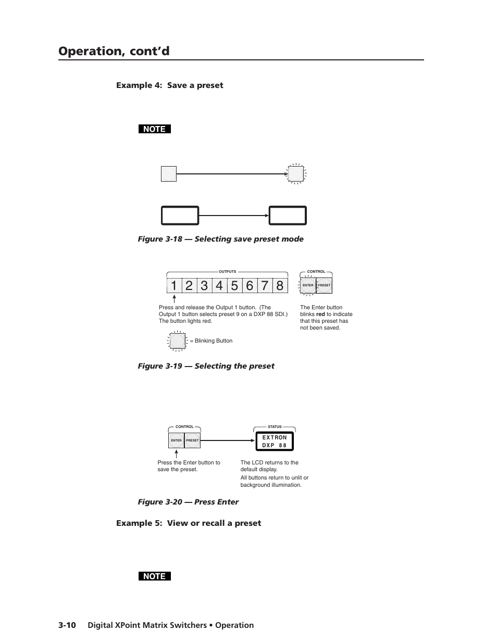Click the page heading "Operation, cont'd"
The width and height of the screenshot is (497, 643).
[114, 51]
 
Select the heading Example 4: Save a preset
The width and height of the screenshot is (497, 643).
[169, 85]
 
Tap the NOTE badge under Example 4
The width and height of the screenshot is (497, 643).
[154, 129]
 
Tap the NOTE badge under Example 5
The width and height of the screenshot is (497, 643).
[154, 576]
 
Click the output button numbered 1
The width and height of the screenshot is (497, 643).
[174, 286]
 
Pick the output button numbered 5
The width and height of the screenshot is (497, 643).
[234, 286]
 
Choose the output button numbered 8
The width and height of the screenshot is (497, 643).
[280, 286]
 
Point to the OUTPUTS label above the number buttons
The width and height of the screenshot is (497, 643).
[227, 272]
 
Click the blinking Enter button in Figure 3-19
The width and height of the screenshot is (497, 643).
[308, 285]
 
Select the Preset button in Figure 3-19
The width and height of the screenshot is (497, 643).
[324, 285]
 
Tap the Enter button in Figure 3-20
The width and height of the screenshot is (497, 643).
[176, 440]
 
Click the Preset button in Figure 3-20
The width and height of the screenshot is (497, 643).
[192, 440]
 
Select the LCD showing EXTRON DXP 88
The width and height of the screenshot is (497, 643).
[275, 442]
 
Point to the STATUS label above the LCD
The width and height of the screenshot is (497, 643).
[275, 427]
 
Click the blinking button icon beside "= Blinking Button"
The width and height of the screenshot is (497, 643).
[177, 341]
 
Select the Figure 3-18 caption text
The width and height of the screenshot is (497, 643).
[220, 239]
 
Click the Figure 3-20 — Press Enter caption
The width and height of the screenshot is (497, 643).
[188, 502]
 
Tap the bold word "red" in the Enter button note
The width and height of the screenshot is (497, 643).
[320, 314]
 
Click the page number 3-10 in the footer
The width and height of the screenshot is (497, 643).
[67, 625]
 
